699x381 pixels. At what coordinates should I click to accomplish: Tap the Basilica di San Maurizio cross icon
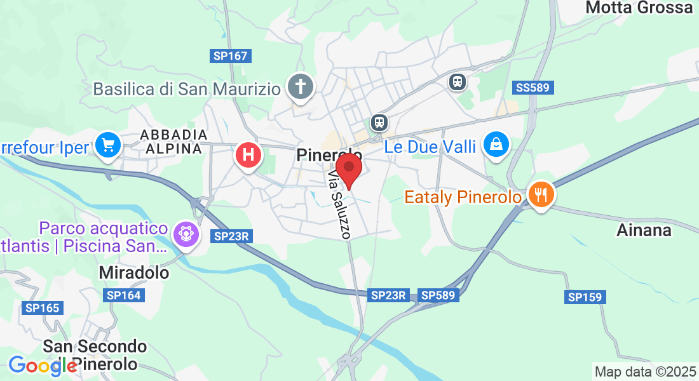pyautogui.click(x=300, y=87)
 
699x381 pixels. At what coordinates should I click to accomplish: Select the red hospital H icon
pyautogui.click(x=248, y=155)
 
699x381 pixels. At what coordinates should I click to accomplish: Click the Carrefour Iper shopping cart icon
pyautogui.click(x=107, y=145)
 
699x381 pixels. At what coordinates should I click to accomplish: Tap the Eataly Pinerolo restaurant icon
pyautogui.click(x=540, y=194)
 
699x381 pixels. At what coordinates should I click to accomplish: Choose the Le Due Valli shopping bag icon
pyautogui.click(x=496, y=144)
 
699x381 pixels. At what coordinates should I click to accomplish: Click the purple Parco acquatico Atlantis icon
pyautogui.click(x=186, y=234)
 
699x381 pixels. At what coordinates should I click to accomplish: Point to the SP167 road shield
pyautogui.click(x=230, y=56)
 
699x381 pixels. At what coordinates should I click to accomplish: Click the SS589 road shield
pyautogui.click(x=533, y=88)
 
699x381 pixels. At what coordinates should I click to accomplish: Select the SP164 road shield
pyautogui.click(x=123, y=295)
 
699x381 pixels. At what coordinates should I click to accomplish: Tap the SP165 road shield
pyautogui.click(x=43, y=308)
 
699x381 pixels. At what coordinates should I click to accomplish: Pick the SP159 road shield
pyautogui.click(x=585, y=297)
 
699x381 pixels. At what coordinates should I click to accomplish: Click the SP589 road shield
pyautogui.click(x=438, y=295)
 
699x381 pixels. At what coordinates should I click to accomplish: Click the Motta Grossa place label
pyautogui.click(x=639, y=8)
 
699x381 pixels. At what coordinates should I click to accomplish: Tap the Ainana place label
pyautogui.click(x=644, y=230)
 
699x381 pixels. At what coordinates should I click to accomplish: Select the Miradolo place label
pyautogui.click(x=134, y=272)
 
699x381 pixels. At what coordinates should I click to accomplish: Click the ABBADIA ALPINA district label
pyautogui.click(x=173, y=142)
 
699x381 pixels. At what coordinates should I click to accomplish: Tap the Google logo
pyautogui.click(x=43, y=366)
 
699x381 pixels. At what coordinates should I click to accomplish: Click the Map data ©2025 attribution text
pyautogui.click(x=644, y=371)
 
